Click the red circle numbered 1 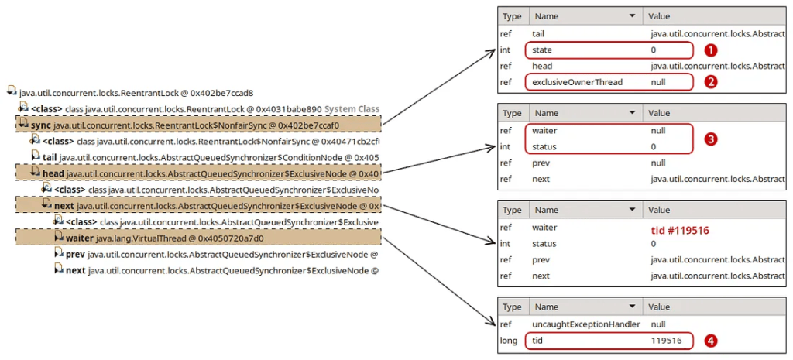[709, 50]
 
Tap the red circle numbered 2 [709, 81]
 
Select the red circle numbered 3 [709, 139]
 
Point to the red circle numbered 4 [709, 340]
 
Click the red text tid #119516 [680, 230]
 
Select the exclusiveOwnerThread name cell [577, 81]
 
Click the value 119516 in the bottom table [666, 340]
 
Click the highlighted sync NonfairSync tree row [197, 124]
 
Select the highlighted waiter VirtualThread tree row [197, 237]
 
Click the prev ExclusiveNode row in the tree [221, 254]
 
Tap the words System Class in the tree [352, 109]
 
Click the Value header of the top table [659, 16]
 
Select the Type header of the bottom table [513, 307]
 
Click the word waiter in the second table [545, 130]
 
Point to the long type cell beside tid [510, 340]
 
